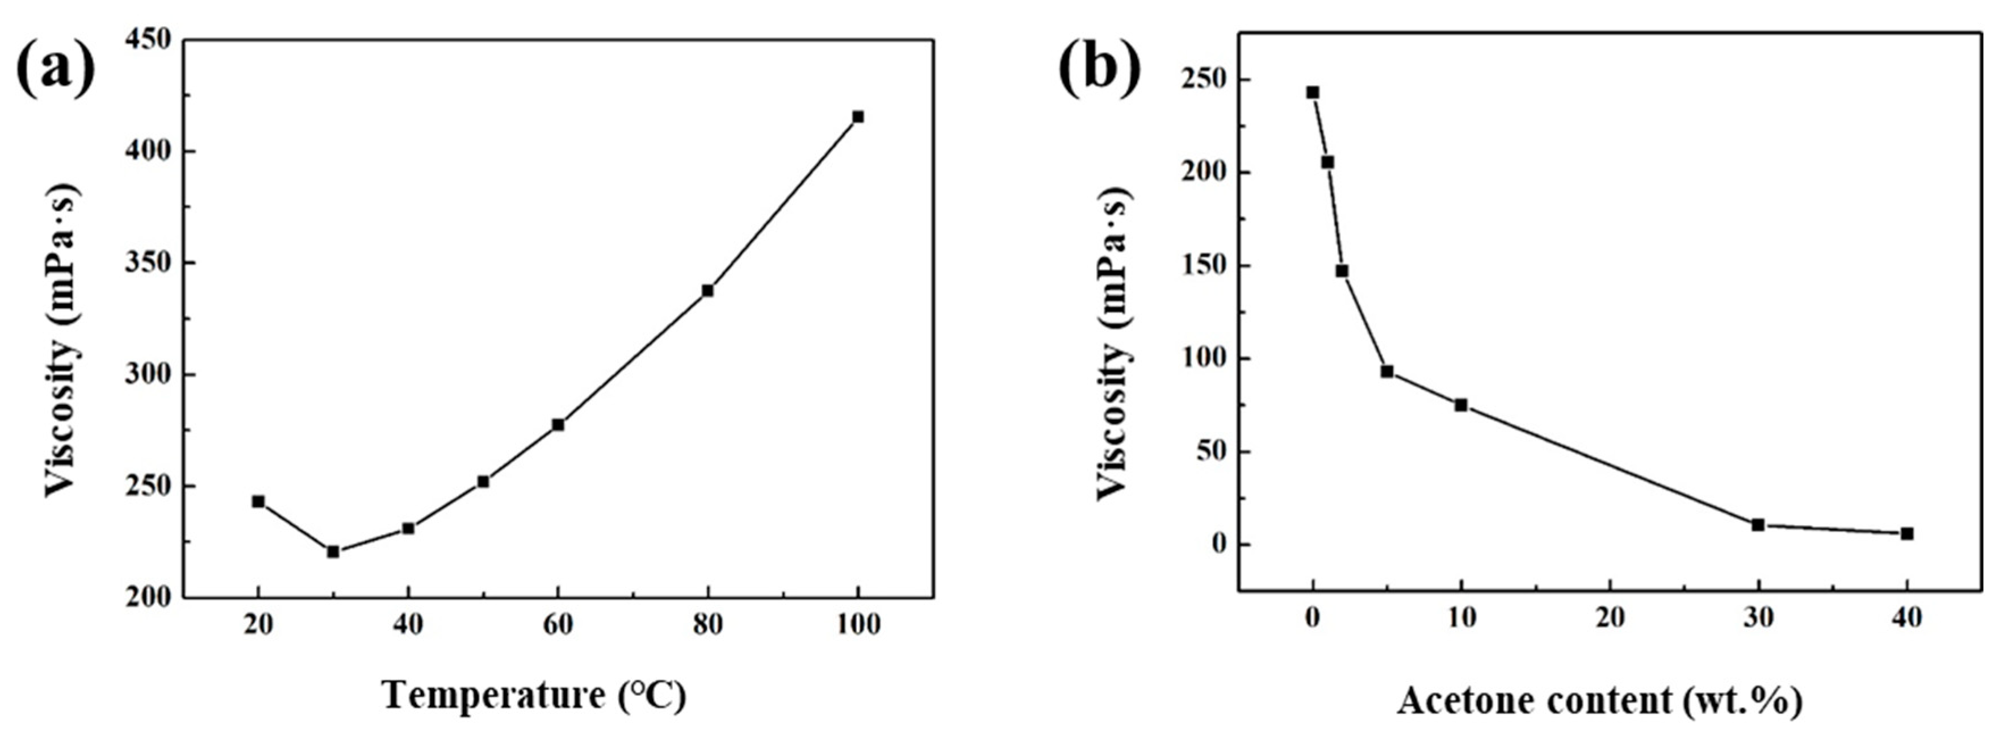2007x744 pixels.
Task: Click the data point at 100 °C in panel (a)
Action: point(858,117)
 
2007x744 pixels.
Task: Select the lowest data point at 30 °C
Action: point(333,551)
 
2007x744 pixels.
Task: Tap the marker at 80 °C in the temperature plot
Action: point(707,291)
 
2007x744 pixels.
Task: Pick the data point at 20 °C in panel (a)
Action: point(258,501)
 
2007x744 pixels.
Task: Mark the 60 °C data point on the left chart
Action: point(558,425)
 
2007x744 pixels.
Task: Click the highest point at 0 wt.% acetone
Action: point(1313,92)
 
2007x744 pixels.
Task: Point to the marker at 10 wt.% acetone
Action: point(1461,405)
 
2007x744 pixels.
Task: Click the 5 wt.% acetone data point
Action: point(1387,371)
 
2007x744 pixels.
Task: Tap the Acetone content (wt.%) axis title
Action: point(1599,700)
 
